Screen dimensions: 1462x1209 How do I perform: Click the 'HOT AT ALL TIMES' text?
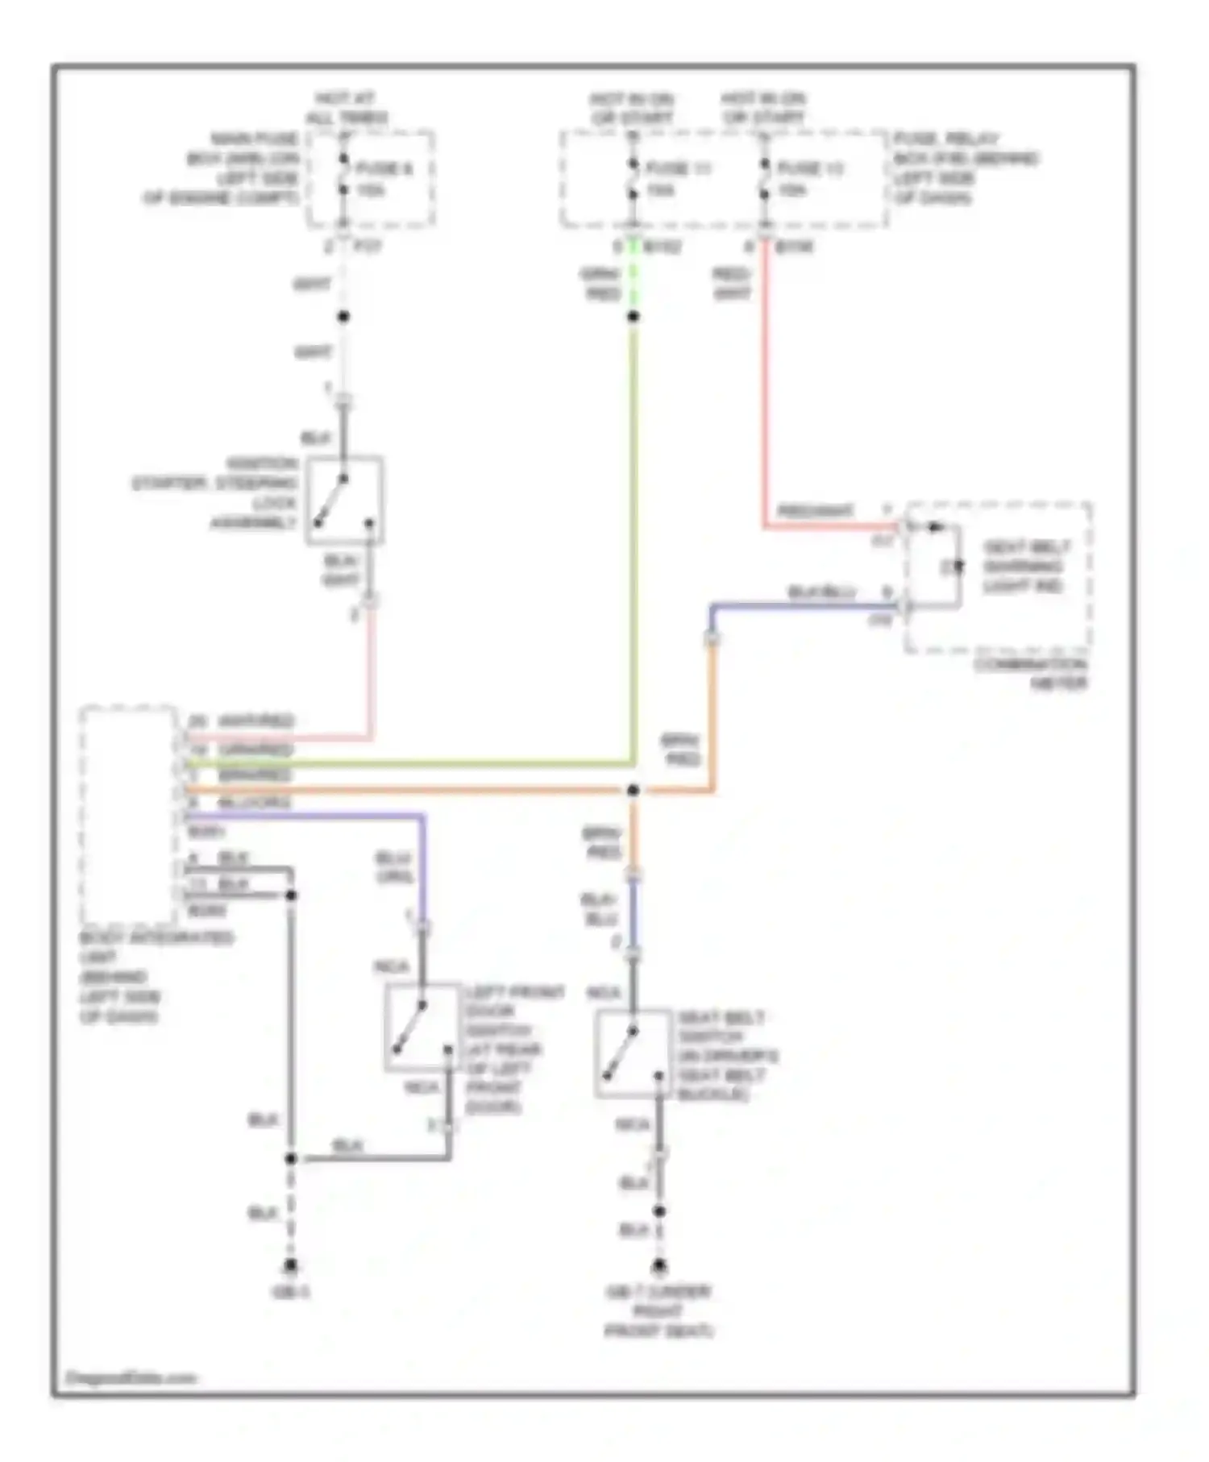pyautogui.click(x=346, y=108)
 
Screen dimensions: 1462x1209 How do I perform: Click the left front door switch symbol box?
pyautogui.click(x=422, y=1028)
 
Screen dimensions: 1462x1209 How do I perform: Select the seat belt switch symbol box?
pyautogui.click(x=634, y=1053)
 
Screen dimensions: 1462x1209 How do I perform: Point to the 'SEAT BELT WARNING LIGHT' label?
pyautogui.click(x=1025, y=567)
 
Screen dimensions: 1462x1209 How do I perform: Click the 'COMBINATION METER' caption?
pyautogui.click(x=1031, y=675)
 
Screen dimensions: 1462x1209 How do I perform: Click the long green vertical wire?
pyautogui.click(x=634, y=540)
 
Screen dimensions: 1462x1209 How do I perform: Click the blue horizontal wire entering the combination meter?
pyautogui.click(x=806, y=606)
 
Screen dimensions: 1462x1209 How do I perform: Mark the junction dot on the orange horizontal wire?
pyautogui.click(x=634, y=791)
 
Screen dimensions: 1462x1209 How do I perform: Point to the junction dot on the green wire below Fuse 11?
pyautogui.click(x=634, y=317)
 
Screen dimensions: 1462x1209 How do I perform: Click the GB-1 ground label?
pyautogui.click(x=291, y=1293)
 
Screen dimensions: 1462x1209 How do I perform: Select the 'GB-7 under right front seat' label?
pyautogui.click(x=659, y=1311)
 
